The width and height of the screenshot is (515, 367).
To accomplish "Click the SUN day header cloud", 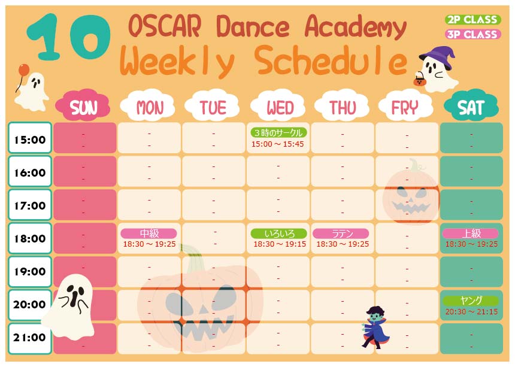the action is pos(83,106).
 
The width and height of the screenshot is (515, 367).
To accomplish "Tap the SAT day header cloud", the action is pos(471,106).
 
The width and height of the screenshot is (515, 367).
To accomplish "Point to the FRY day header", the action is pos(406,106).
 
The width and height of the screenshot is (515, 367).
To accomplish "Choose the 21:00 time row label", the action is pos(30,338).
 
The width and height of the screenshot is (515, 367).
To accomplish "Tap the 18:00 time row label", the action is pos(30,238).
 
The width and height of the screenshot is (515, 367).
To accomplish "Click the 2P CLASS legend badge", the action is pos(472,19).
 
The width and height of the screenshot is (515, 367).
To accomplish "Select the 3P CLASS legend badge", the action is pos(472,34).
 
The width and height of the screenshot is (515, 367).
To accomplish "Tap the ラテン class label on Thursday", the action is pos(341,233).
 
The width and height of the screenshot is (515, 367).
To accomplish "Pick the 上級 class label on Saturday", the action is pos(471,233).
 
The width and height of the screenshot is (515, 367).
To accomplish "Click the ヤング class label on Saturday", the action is pos(471,301).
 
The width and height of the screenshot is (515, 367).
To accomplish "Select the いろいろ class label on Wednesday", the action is pos(279,233).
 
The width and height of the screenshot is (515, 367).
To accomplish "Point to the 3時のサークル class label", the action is pos(279,133).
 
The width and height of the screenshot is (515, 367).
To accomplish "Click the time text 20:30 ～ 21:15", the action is pos(471,311).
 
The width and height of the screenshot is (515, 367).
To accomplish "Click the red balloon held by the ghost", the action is pos(23,69).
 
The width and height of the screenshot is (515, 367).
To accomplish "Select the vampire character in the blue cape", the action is pos(375,327).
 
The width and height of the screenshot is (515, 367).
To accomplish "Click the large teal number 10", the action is pos(69,37).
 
